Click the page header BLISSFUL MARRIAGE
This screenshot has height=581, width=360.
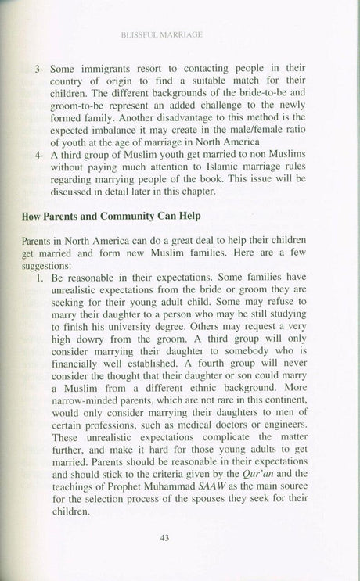coord(179,35)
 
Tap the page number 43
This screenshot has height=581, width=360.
coord(178,536)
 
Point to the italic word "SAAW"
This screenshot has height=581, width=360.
coord(207,490)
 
